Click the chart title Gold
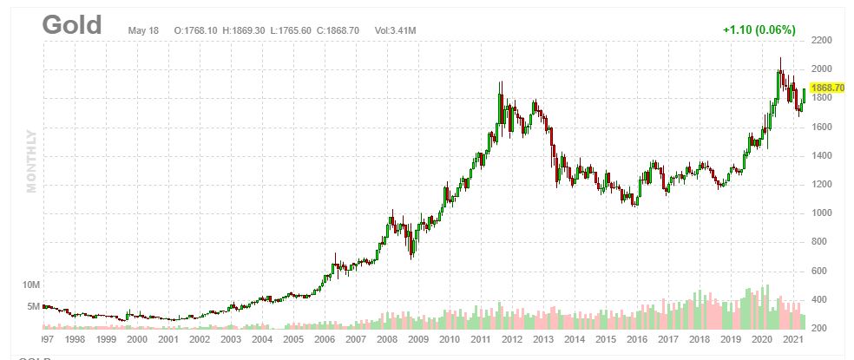coord(72,26)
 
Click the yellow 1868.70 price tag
coord(827,88)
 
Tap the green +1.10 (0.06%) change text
coord(759,29)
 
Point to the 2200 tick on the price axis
coord(821,41)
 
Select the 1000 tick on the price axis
coord(821,213)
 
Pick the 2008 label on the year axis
coord(386,340)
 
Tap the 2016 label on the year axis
coord(636,340)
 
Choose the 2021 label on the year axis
coord(792,340)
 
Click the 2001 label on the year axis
coord(168,340)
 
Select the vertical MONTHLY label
coord(32,161)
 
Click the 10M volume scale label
coord(32,285)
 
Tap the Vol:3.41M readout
coord(395,30)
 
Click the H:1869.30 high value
coord(245,30)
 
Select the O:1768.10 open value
coord(196,30)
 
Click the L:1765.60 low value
coord(292,30)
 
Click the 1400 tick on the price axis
coord(821,156)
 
